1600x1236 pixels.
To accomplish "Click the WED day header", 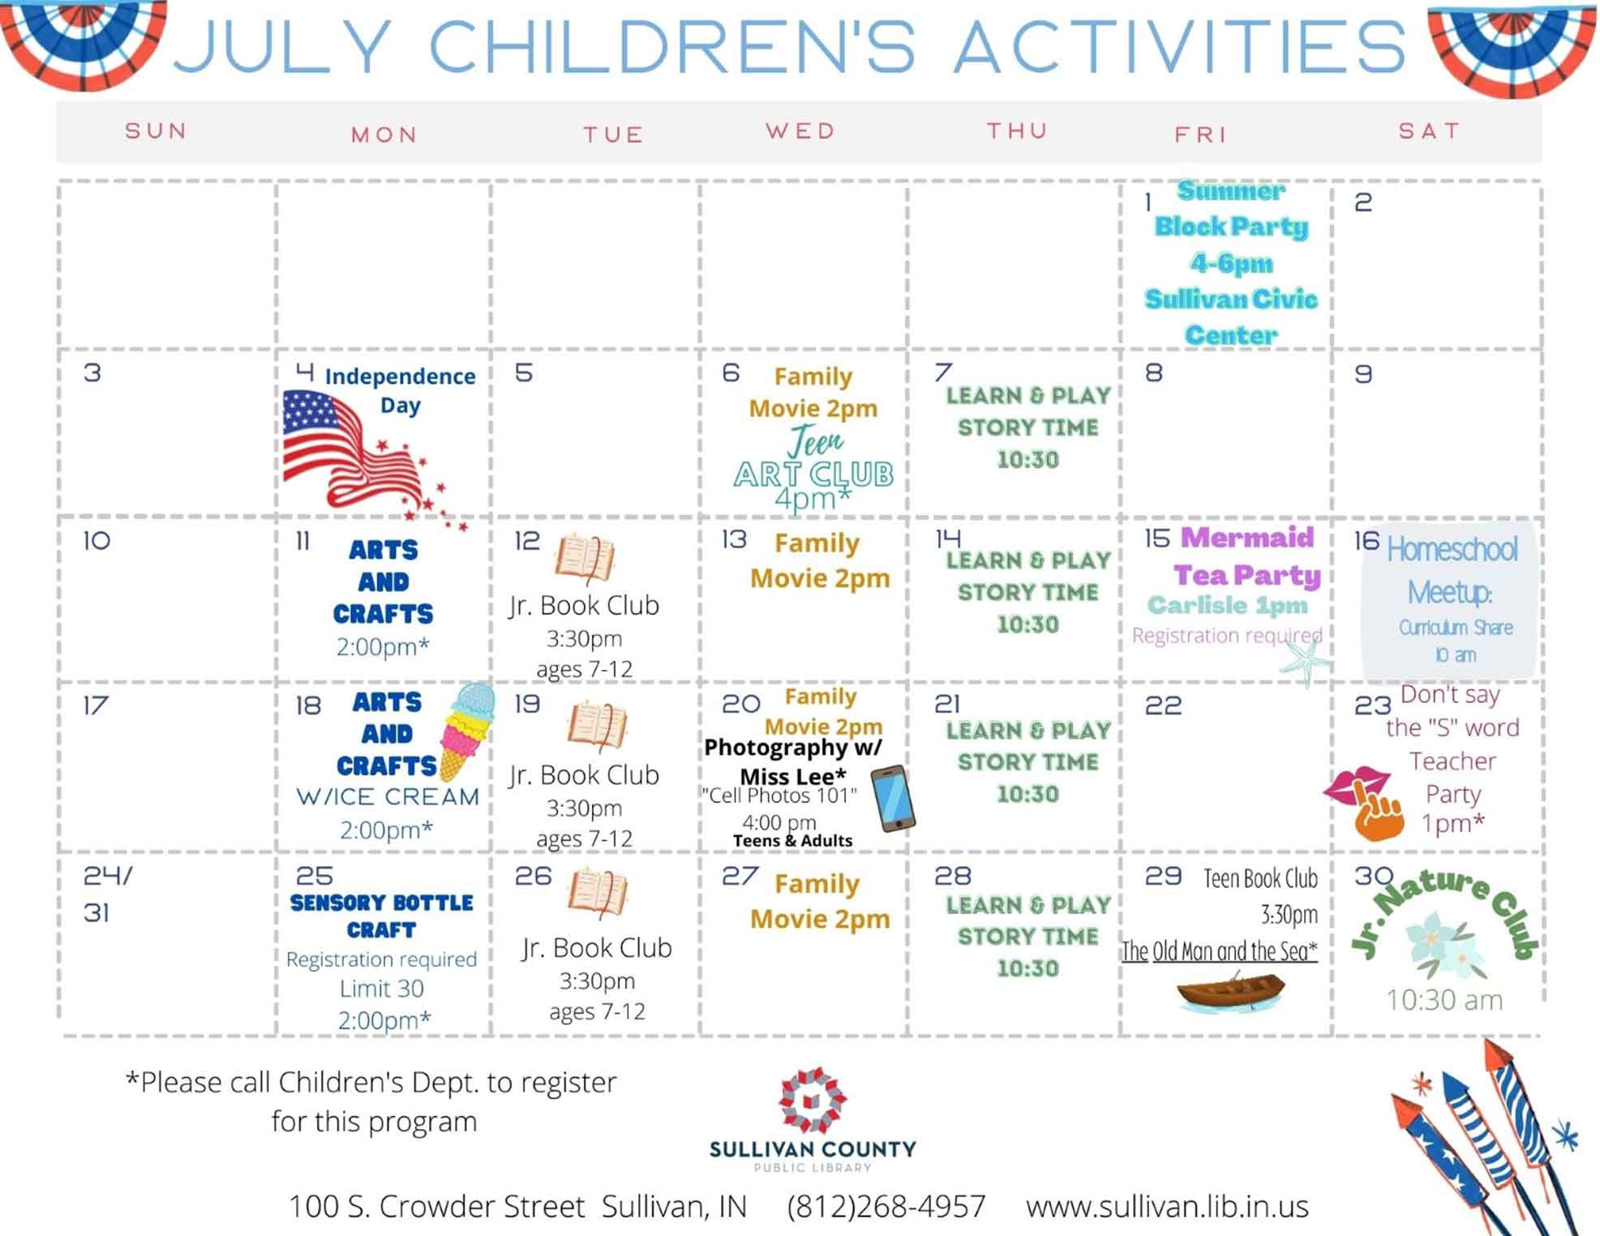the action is [x=800, y=131].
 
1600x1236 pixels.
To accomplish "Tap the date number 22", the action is [x=1163, y=706].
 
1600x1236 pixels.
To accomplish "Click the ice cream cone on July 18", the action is [x=466, y=731].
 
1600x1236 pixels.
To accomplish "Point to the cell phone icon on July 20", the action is [x=893, y=798].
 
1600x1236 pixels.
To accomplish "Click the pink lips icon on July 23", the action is [x=1356, y=785].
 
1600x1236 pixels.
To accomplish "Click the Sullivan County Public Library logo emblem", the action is [x=813, y=1099].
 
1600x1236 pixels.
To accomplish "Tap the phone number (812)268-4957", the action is [x=886, y=1206].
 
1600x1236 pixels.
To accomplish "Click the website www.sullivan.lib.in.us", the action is [x=1167, y=1206].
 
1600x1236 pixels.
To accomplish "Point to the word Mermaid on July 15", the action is [x=1247, y=537].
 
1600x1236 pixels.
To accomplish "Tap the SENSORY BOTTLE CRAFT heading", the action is [x=381, y=916].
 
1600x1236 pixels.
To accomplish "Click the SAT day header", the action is [x=1429, y=131].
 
